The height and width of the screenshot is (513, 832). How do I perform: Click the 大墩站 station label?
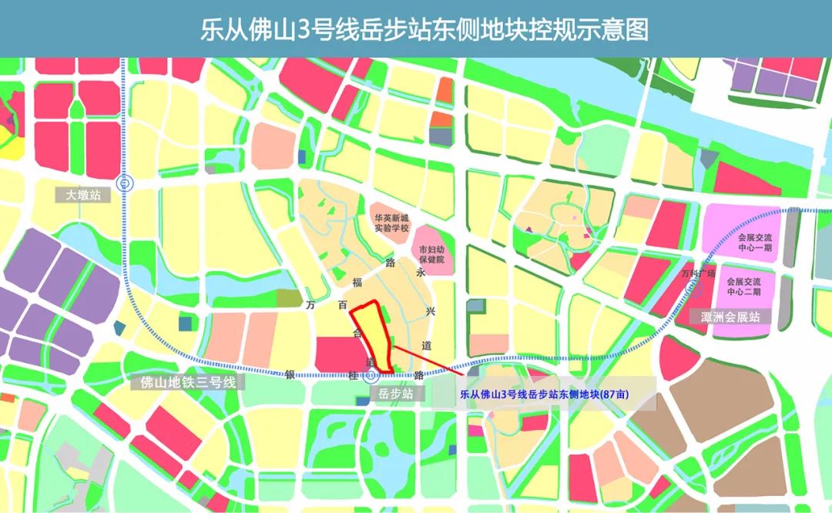(82, 196)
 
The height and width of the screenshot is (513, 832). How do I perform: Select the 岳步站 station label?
(397, 393)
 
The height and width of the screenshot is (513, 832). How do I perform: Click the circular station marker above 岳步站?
(371, 376)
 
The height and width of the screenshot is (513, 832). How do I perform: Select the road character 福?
(357, 281)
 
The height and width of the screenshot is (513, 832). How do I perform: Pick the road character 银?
(290, 374)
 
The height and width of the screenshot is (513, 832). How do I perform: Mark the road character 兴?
(431, 311)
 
